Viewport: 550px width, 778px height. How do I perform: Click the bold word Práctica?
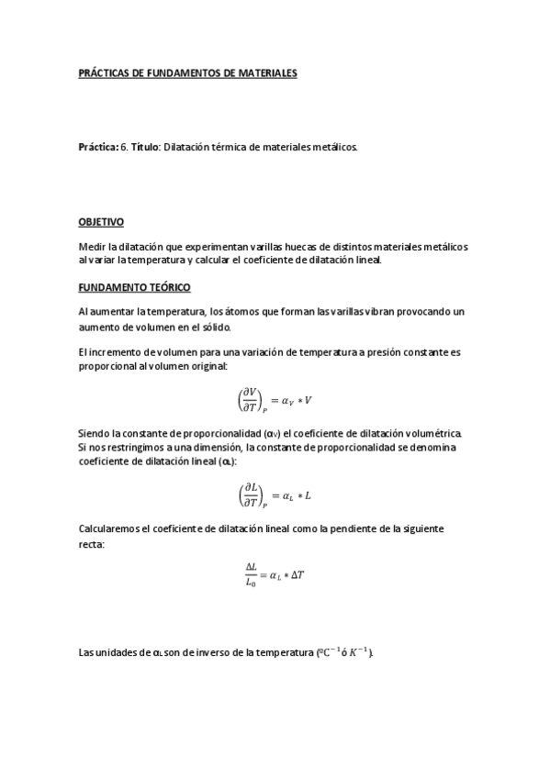click(x=98, y=146)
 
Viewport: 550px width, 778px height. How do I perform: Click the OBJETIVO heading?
click(x=102, y=222)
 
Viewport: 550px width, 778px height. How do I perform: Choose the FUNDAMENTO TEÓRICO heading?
click(x=135, y=287)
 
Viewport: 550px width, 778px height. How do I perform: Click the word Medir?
click(x=93, y=247)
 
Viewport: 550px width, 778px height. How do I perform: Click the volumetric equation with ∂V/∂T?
click(x=275, y=399)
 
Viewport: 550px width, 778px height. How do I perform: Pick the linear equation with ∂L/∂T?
click(x=275, y=496)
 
